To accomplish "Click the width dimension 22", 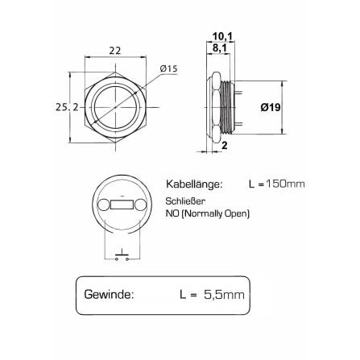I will [114, 51].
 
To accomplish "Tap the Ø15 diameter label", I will [168, 69].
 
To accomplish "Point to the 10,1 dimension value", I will [221, 35].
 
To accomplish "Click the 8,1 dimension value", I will [219, 48].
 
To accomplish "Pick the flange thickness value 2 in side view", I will [224, 146].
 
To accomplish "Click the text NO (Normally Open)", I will [208, 214].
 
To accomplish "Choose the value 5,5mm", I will [223, 295].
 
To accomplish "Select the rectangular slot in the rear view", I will [122, 207].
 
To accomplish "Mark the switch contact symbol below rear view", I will [122, 254].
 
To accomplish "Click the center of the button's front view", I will [114, 106].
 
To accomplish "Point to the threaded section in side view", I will [234, 106].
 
